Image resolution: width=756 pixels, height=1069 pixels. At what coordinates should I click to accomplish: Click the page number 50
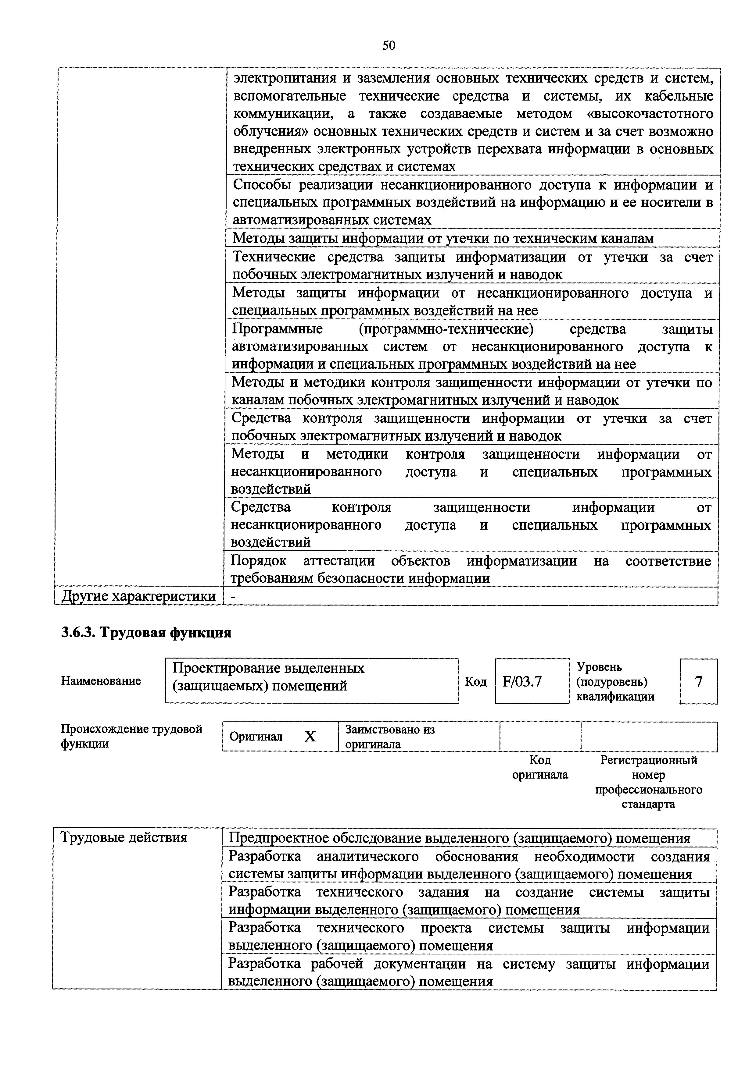[389, 45]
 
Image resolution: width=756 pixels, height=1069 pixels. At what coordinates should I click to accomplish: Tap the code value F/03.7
[522, 682]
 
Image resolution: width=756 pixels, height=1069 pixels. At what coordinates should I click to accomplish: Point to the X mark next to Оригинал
[310, 737]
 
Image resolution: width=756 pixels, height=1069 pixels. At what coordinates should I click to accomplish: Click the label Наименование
[101, 681]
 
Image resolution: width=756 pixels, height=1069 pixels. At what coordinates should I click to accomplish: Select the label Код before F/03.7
[475, 682]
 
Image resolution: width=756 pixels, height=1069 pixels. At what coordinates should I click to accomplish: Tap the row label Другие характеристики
[138, 596]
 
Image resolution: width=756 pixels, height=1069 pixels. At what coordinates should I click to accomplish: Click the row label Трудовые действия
[124, 838]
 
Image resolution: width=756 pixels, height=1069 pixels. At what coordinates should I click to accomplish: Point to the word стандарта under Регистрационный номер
[648, 804]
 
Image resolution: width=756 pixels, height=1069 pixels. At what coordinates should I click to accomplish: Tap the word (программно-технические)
[446, 329]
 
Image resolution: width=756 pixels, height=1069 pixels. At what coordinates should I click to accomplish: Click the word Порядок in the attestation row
[259, 561]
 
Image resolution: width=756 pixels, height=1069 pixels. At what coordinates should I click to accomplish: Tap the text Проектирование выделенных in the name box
[268, 668]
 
